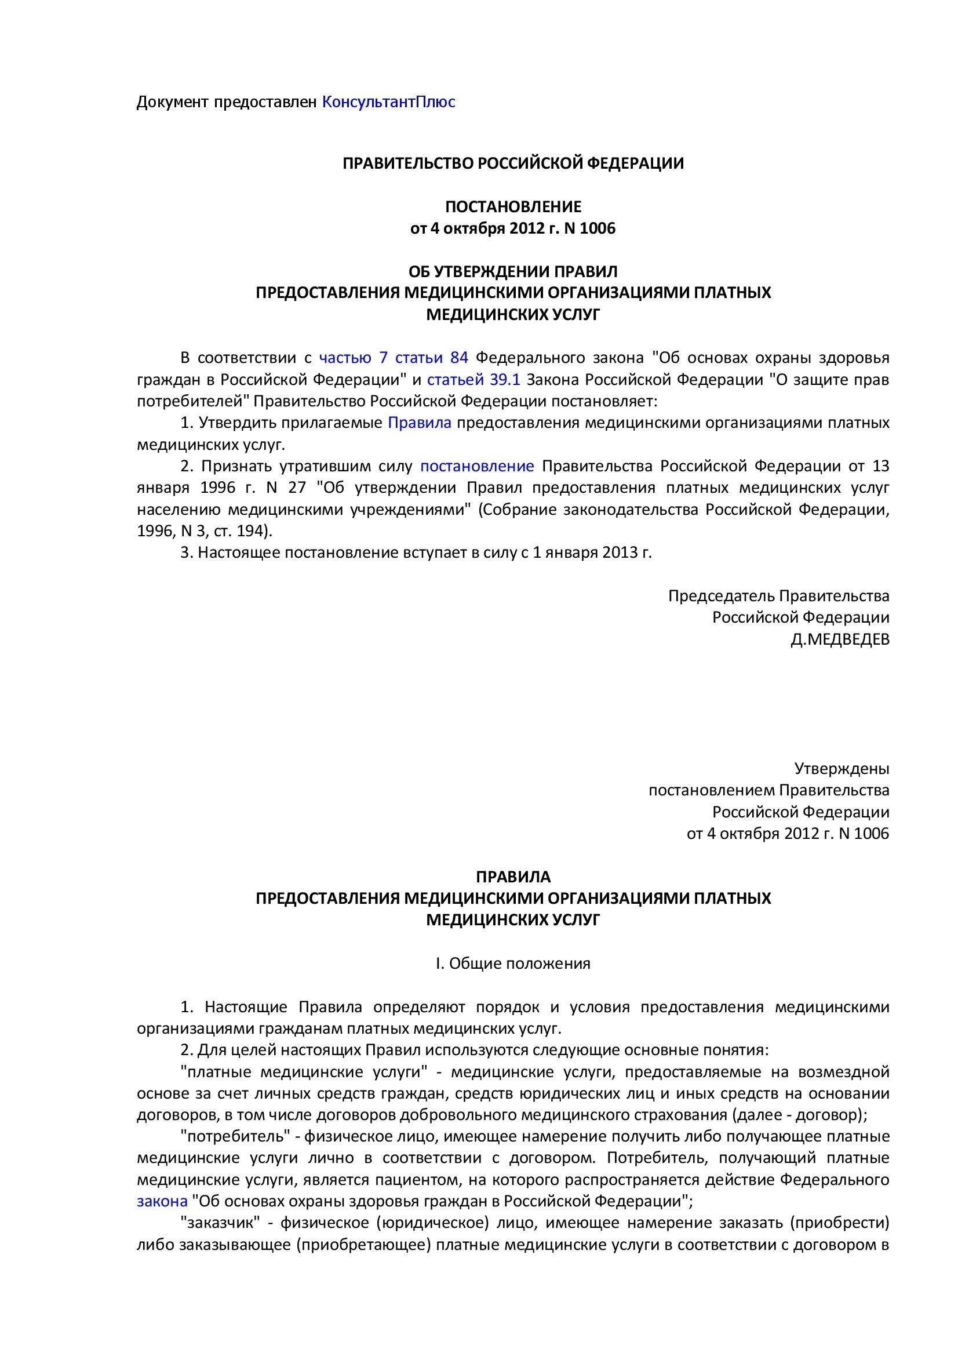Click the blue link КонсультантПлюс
tap(388, 102)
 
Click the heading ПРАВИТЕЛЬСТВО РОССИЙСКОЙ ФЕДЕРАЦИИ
tap(513, 163)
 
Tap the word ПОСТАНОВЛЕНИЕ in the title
tap(513, 207)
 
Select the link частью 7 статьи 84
tap(394, 358)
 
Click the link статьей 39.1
tap(473, 380)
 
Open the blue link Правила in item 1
tap(419, 423)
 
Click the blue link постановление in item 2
tap(477, 466)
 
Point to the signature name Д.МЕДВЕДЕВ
tap(839, 639)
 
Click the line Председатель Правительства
tap(778, 596)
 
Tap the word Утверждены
tap(841, 768)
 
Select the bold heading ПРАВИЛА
tap(513, 877)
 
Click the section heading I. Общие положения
tap(513, 964)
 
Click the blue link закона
tap(162, 1201)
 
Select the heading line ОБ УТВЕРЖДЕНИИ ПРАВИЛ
tap(513, 272)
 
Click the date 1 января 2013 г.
tap(592, 552)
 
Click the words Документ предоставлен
tap(227, 102)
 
